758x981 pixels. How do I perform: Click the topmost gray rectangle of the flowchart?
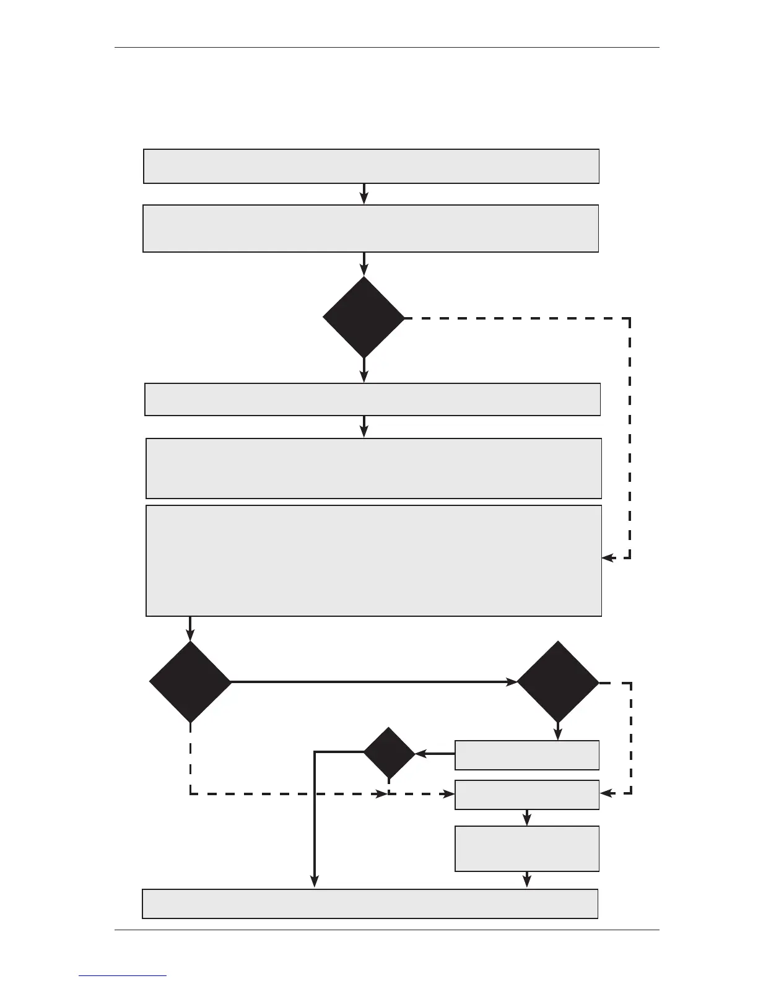pyautogui.click(x=371, y=166)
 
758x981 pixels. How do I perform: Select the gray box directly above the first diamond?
pyautogui.click(x=370, y=229)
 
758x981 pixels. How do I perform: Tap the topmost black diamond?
pyautogui.click(x=364, y=317)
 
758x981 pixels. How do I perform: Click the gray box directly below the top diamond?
pyautogui.click(x=372, y=399)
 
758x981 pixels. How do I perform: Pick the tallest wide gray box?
pyautogui.click(x=373, y=560)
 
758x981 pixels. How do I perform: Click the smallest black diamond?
pyautogui.click(x=389, y=752)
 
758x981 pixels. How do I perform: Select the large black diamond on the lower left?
pyautogui.click(x=190, y=682)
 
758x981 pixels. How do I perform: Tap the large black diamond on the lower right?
pyautogui.click(x=558, y=682)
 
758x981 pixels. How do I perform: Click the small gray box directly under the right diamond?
pyautogui.click(x=527, y=755)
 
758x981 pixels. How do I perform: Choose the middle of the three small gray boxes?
pyautogui.click(x=527, y=795)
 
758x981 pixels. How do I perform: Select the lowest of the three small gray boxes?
pyautogui.click(x=527, y=848)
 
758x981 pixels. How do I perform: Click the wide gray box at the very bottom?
pyautogui.click(x=370, y=904)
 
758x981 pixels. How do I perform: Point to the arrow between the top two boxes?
pyautogui.click(x=364, y=194)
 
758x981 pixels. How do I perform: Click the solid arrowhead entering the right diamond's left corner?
pyautogui.click(x=512, y=682)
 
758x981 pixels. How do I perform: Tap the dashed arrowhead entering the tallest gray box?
pyautogui.click(x=608, y=558)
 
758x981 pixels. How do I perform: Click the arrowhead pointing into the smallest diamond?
pyautogui.click(x=420, y=754)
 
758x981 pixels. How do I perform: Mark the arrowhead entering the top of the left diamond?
pyautogui.click(x=190, y=635)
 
